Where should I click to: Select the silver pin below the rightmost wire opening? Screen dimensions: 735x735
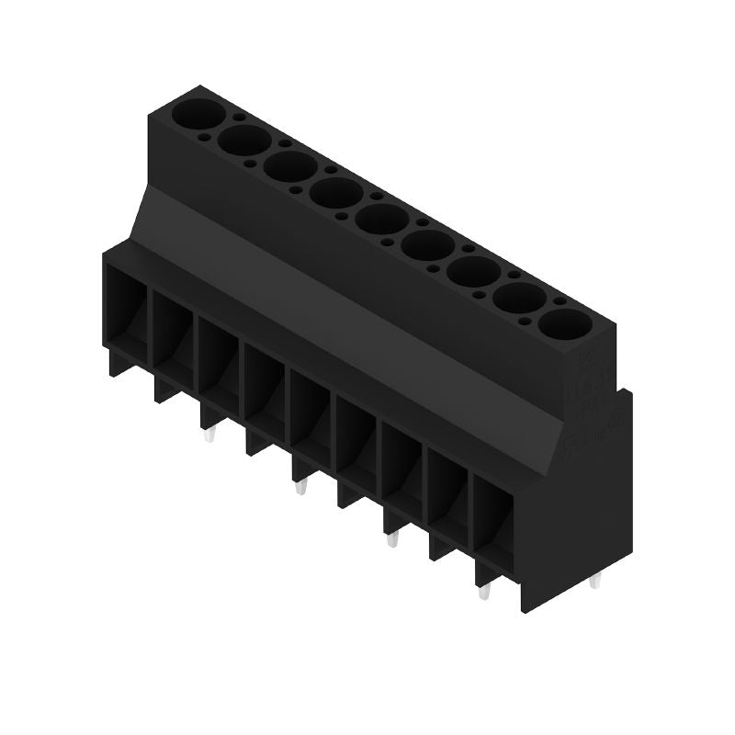coord(484,594)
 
